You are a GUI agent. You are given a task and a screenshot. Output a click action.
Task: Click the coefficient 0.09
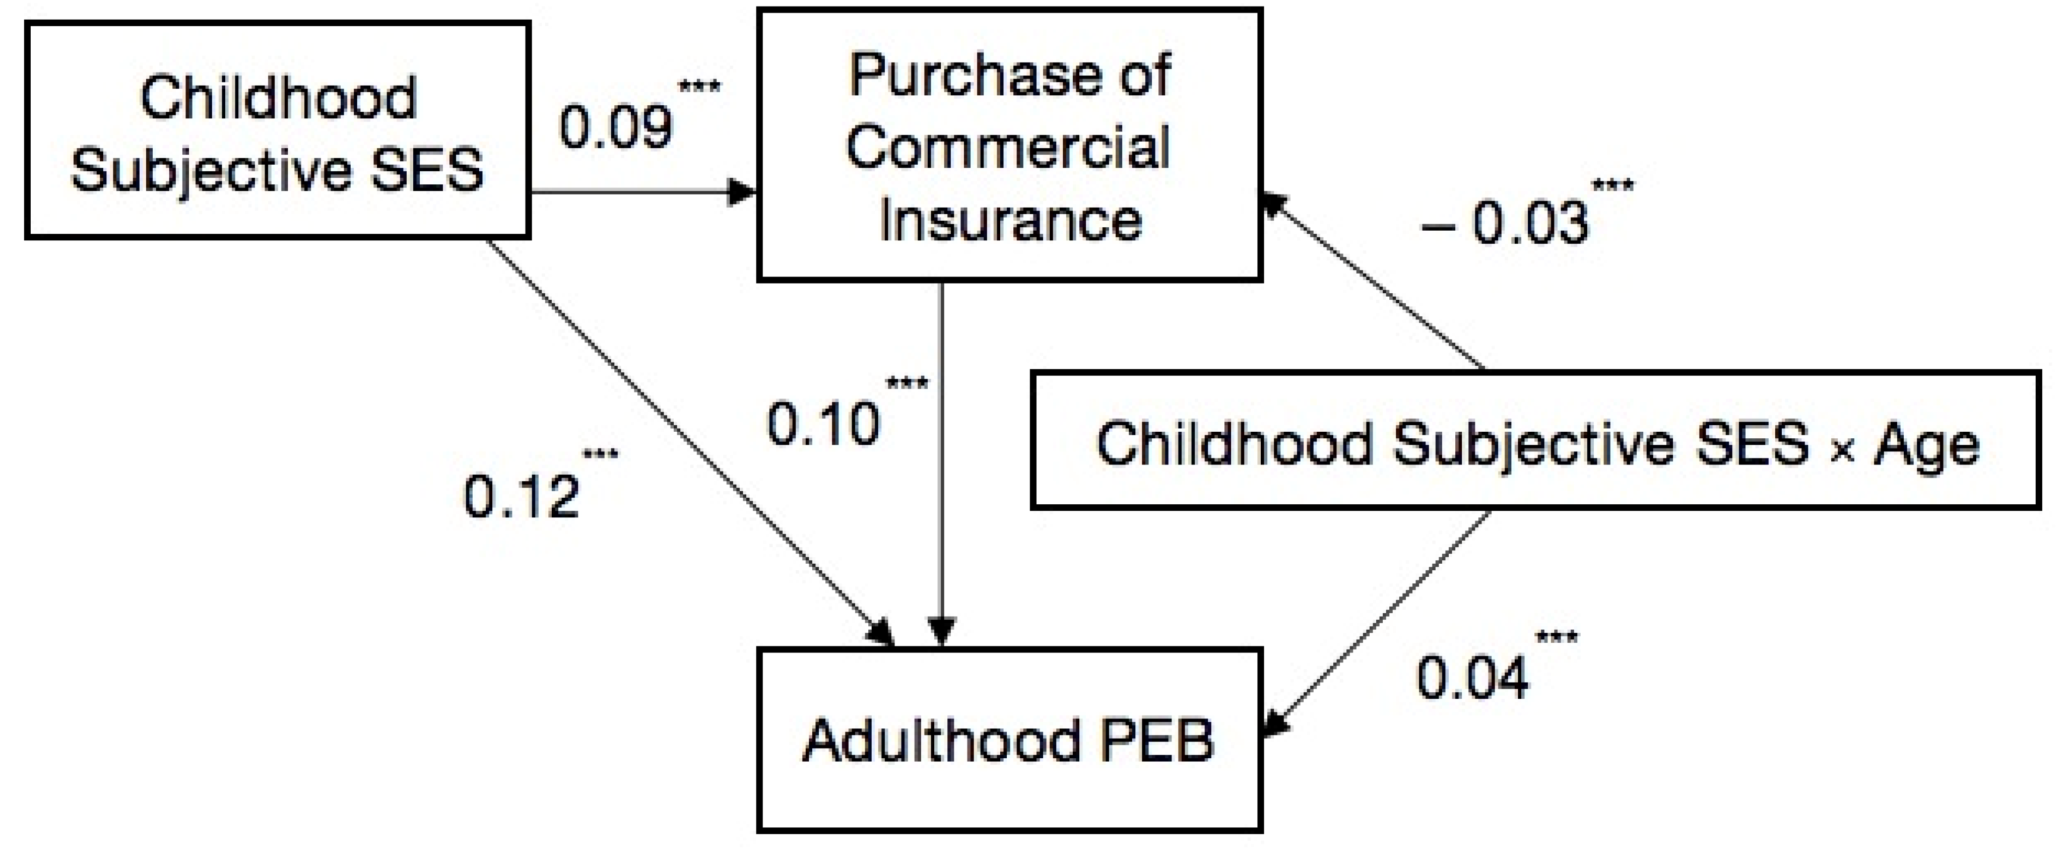point(615,127)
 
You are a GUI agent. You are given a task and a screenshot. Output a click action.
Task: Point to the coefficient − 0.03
point(1505,222)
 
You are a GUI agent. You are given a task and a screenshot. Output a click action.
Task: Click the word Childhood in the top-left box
point(279,98)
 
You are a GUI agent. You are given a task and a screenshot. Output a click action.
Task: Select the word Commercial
point(1009,148)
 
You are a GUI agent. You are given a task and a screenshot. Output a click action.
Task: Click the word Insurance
point(1010,219)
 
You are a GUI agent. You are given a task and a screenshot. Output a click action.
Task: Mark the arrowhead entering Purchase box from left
point(742,192)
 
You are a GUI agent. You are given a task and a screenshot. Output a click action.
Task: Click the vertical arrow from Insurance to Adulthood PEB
point(941,457)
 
